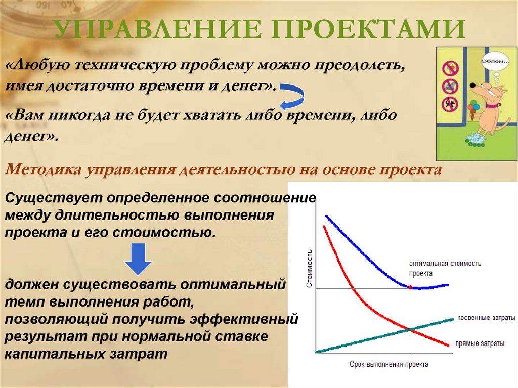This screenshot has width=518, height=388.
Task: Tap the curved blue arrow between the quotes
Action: click(x=292, y=96)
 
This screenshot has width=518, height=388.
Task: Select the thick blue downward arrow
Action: click(x=139, y=258)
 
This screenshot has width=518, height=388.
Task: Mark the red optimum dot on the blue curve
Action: click(x=410, y=287)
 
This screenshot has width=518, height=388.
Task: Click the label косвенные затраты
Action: click(x=486, y=318)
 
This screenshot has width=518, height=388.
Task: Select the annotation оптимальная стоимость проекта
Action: click(x=445, y=268)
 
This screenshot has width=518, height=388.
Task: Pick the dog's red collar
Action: click(x=491, y=105)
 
